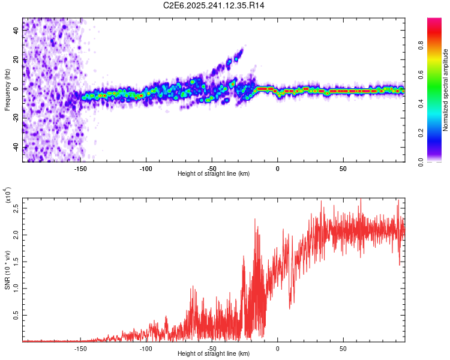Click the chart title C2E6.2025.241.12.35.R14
tap(214, 5)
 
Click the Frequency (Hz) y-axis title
tap(8, 89)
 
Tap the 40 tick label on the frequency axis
tap(16, 31)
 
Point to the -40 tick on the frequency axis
tap(16, 147)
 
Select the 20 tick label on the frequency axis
tap(16, 60)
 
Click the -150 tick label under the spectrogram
tap(81, 168)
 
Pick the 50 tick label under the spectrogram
tap(343, 168)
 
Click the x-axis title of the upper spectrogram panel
tap(214, 173)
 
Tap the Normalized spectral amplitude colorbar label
tap(445, 90)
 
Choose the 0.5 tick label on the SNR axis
tap(16, 315)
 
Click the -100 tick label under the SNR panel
tap(146, 348)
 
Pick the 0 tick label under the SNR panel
tap(277, 348)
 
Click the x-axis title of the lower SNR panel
tap(214, 353)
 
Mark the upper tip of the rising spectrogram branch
tap(241, 50)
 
